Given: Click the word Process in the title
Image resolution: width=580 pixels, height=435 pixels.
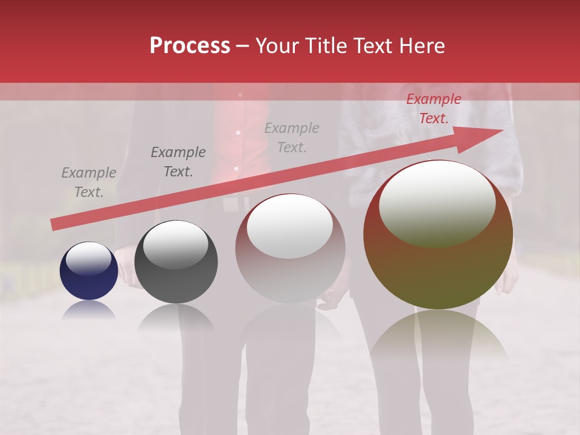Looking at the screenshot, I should [190, 46].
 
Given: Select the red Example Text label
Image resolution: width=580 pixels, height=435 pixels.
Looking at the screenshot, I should [433, 109].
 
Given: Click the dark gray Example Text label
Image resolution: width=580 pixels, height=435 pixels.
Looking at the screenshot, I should [178, 162].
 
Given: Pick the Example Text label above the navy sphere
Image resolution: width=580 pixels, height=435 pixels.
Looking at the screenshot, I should [89, 182].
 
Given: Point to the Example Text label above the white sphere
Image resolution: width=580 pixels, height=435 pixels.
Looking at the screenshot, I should [292, 138].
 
